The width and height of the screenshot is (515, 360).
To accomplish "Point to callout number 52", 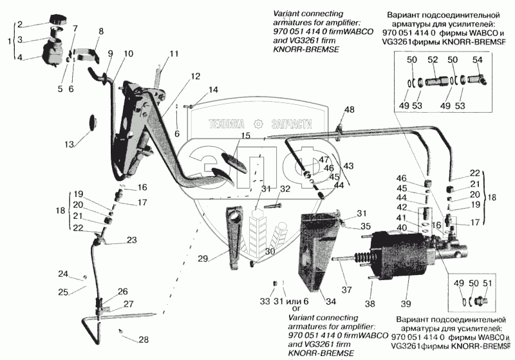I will coord(432,60).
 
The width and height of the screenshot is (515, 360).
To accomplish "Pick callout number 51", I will coord(488,283).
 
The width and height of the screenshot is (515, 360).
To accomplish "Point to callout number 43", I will coord(349,165).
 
